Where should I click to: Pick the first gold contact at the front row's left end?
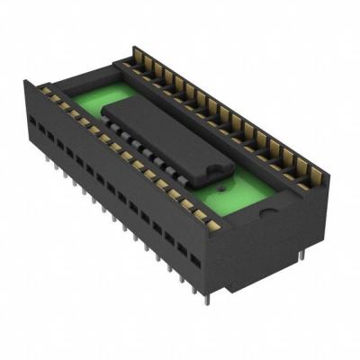tap(43, 92)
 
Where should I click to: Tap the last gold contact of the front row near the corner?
tap(213, 225)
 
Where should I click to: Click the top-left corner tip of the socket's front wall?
tap(26, 83)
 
